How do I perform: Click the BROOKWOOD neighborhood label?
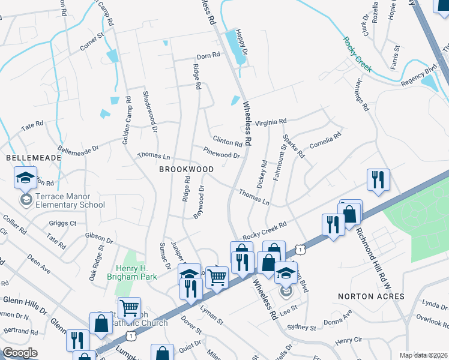[x=186, y=170]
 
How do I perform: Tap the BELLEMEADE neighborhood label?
[x=34, y=157]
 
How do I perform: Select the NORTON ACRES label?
[x=371, y=296]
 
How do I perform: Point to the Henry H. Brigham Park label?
[x=131, y=272]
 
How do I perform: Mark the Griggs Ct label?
[x=65, y=223]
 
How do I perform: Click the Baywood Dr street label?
[x=199, y=202]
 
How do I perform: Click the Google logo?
[x=20, y=353]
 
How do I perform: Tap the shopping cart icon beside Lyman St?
[x=217, y=277]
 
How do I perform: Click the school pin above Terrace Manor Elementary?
[x=25, y=178]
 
